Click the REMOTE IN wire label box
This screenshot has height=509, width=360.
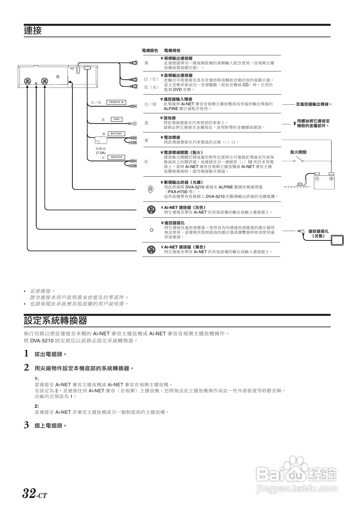[116, 102]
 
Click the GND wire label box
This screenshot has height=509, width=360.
[116, 119]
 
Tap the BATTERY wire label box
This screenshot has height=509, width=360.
[116, 134]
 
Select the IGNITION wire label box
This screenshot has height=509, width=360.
[116, 157]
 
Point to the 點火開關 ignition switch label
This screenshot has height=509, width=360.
[298, 152]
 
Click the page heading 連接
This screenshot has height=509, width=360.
[33, 31]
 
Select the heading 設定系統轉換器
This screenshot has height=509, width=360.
[55, 321]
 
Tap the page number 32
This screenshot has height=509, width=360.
[29, 494]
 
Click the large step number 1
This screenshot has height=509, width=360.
[26, 353]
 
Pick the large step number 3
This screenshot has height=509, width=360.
[26, 425]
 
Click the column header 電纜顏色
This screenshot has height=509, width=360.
[150, 51]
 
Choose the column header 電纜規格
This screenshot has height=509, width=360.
[172, 51]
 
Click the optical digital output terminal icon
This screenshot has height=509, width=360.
[151, 189]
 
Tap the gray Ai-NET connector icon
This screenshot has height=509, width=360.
[151, 210]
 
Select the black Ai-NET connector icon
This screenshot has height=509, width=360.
[151, 249]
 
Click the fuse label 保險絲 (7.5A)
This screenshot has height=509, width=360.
[101, 151]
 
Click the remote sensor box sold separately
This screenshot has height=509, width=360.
[338, 240]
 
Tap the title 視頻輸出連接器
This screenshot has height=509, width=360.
[178, 58]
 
